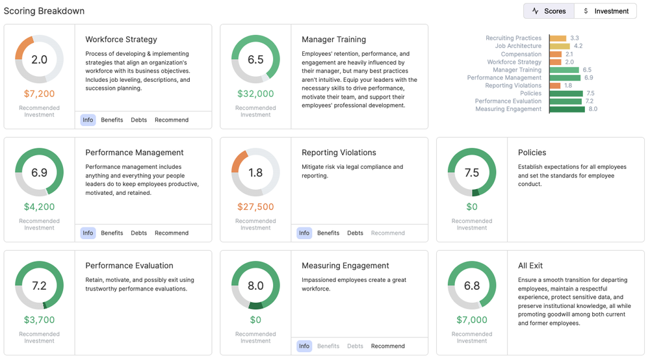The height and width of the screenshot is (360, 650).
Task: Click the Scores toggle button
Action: tap(549, 11)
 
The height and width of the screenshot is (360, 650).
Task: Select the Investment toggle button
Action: tap(606, 11)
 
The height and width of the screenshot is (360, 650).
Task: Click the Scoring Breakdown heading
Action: tap(44, 11)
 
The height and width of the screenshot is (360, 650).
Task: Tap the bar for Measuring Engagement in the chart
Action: tap(567, 109)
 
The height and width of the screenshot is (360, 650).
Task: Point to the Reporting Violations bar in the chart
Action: tap(555, 86)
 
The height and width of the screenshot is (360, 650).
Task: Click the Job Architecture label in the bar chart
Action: tap(518, 46)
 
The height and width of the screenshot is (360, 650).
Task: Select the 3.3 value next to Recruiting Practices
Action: tap(575, 38)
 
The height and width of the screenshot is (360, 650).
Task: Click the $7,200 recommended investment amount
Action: tap(40, 94)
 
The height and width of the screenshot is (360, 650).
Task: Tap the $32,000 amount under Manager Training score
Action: tap(255, 94)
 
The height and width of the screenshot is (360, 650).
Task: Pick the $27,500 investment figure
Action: tap(255, 207)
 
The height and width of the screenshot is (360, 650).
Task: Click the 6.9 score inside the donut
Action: tap(40, 172)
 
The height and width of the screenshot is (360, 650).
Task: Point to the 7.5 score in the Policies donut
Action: tap(472, 172)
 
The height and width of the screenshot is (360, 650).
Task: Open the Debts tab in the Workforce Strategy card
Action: tap(139, 120)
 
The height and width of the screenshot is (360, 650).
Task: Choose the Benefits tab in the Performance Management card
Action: tap(112, 233)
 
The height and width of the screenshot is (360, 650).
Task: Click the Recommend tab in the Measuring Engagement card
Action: tap(388, 346)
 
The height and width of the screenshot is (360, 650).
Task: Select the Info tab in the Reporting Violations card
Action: tap(304, 233)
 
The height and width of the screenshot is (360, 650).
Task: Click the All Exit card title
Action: tap(530, 266)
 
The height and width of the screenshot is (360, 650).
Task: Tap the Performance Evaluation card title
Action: tap(129, 266)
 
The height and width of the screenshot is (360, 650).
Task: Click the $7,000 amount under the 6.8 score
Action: tap(472, 320)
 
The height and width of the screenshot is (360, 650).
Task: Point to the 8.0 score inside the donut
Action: tap(255, 285)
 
